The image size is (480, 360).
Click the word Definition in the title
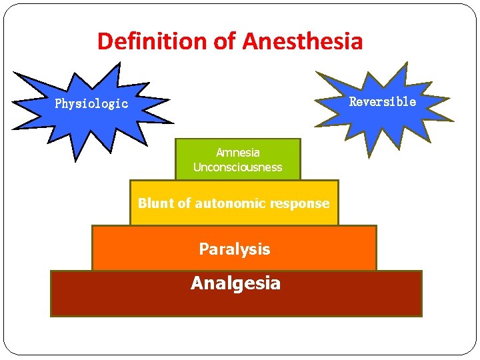pos(153,41)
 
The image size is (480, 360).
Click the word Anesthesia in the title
pos(303,41)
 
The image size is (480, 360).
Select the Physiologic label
pos(91,104)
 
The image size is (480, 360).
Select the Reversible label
pos(383,102)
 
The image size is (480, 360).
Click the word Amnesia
pos(238,153)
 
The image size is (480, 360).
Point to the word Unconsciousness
pos(238,167)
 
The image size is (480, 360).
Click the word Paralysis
pos(235,249)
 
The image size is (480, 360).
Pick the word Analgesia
pos(235,283)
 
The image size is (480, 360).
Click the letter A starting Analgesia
pos(197,283)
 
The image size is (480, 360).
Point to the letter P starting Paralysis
pos(203,249)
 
